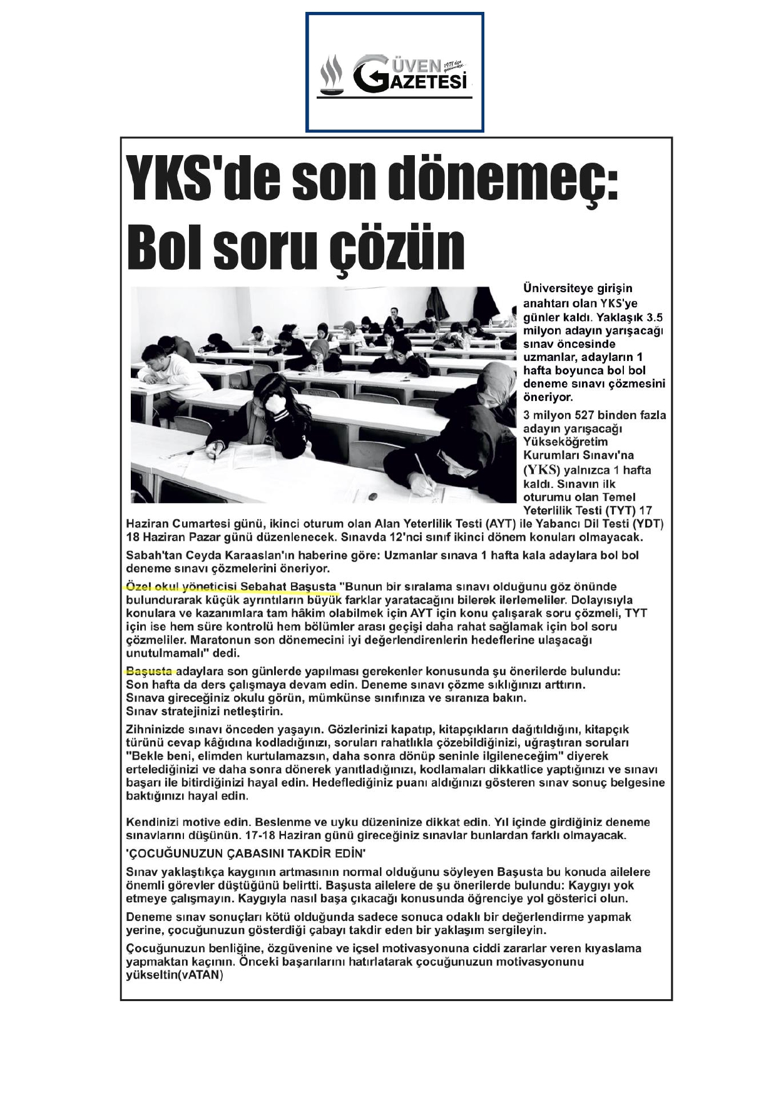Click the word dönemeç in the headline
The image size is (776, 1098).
pyautogui.click(x=500, y=178)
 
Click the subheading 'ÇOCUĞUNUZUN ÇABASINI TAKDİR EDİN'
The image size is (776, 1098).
pyautogui.click(x=246, y=853)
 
